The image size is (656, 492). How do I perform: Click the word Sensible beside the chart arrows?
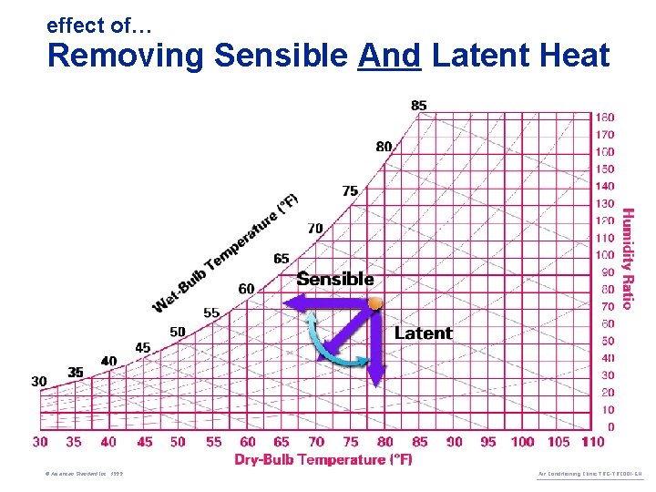pyautogui.click(x=335, y=279)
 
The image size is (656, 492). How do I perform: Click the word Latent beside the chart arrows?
pyautogui.click(x=423, y=333)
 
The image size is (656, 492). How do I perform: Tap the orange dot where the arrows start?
pyautogui.click(x=374, y=302)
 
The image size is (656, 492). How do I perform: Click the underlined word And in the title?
pyautogui.click(x=389, y=56)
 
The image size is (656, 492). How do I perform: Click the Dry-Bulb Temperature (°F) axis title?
pyautogui.click(x=323, y=459)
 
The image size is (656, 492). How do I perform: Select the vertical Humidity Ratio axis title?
pyautogui.click(x=627, y=259)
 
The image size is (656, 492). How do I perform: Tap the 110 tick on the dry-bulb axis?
pyautogui.click(x=591, y=442)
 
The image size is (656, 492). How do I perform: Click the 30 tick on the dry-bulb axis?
pyautogui.click(x=40, y=442)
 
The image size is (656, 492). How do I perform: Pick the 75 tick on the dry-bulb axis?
pyautogui.click(x=350, y=442)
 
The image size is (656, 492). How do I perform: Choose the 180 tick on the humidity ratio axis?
pyautogui.click(x=605, y=118)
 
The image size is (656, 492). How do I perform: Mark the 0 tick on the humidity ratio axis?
pyautogui.click(x=610, y=426)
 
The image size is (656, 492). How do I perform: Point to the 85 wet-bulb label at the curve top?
pyautogui.click(x=418, y=106)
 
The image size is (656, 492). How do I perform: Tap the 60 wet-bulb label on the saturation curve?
pyautogui.click(x=247, y=289)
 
